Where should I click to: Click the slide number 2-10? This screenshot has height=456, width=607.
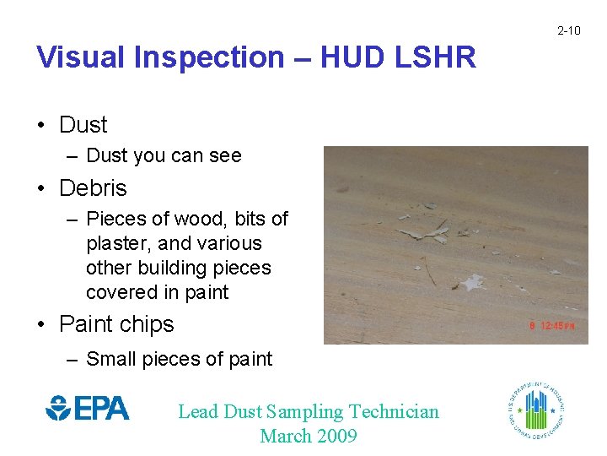568,31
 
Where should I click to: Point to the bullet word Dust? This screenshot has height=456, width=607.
83,125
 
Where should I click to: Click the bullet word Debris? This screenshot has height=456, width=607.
93,187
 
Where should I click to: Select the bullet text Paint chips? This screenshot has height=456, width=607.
116,324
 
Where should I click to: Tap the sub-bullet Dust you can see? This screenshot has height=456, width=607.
164,155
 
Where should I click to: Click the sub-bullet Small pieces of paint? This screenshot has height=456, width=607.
179,359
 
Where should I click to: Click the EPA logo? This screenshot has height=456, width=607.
88,409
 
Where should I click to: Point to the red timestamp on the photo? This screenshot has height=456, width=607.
552,325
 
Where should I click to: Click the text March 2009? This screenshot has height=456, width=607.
309,436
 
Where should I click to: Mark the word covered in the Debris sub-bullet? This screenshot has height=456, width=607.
121,292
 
